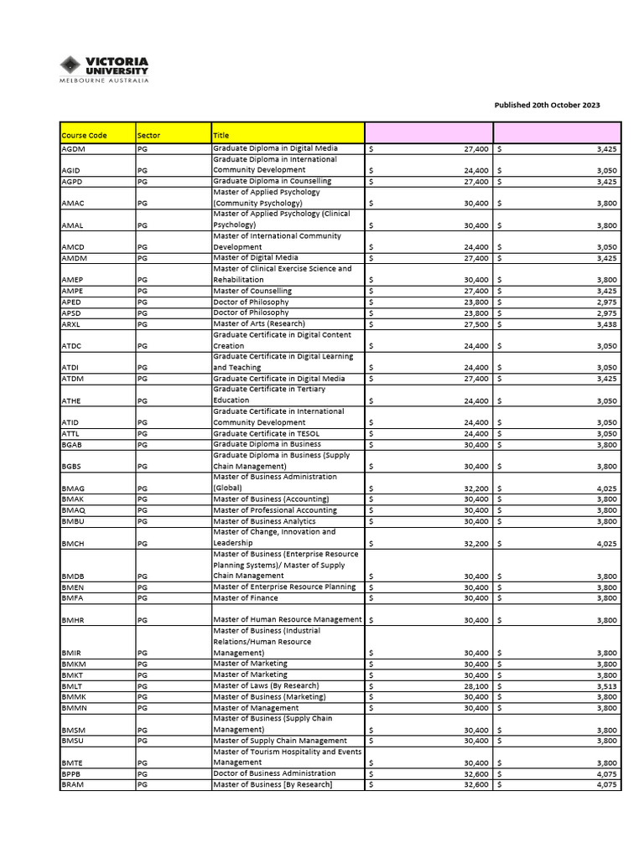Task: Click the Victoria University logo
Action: click(104, 69)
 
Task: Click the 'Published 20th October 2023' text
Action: click(547, 106)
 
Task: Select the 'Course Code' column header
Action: click(85, 135)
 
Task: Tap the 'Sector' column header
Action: click(148, 135)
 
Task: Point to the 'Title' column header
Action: click(221, 135)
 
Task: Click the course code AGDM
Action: click(74, 148)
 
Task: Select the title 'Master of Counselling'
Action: click(252, 291)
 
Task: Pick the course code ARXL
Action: click(72, 323)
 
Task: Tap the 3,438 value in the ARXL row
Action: click(606, 323)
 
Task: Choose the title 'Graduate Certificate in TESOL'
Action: click(267, 433)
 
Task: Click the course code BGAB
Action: click(73, 444)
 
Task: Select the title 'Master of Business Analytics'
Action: click(266, 521)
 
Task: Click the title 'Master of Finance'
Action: click(245, 598)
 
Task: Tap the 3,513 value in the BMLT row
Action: click(606, 685)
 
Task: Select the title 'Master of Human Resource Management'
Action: click(288, 620)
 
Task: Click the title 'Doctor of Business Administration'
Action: click(274, 773)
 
